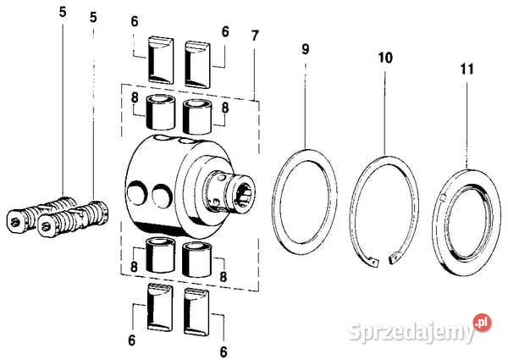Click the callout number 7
[x=255, y=36]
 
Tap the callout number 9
[x=306, y=49]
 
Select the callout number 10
[x=385, y=58]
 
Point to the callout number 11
[x=467, y=69]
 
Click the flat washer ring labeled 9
[x=275, y=201]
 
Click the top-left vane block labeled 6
[x=161, y=60]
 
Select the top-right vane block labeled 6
[x=197, y=64]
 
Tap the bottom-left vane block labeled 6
[x=160, y=307]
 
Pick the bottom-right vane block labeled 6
[x=196, y=312]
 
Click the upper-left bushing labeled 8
[x=161, y=112]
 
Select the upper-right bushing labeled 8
[x=197, y=117]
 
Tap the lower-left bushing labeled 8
[x=160, y=255]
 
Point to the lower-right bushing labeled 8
[x=196, y=260]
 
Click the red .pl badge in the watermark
[x=482, y=323]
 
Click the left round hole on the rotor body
[x=137, y=193]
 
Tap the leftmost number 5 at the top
[x=63, y=13]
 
